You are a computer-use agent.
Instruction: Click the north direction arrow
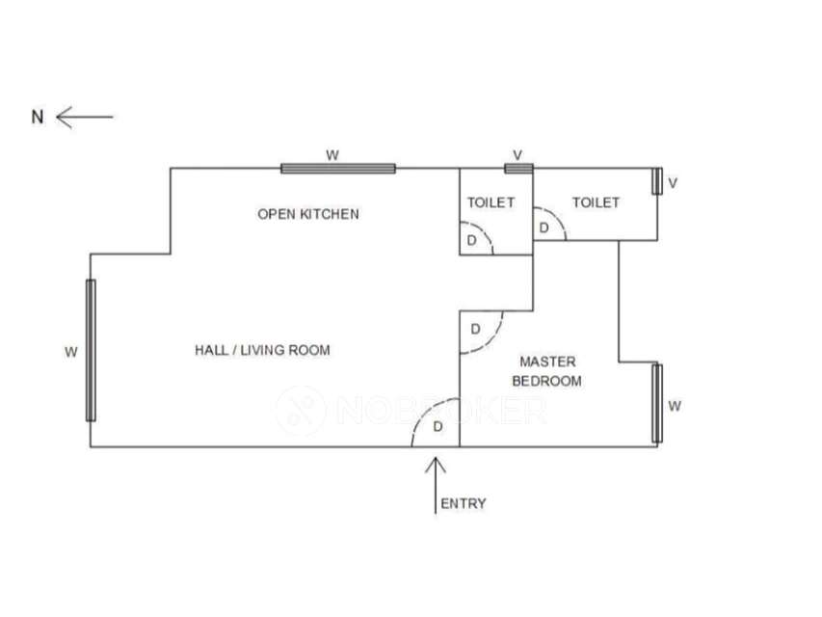click(85, 118)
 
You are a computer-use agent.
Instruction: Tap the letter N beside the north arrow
click(38, 118)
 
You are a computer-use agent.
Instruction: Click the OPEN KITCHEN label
click(308, 214)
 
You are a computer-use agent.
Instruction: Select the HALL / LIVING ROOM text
click(262, 350)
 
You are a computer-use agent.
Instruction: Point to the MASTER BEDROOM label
click(546, 371)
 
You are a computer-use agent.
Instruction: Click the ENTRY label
click(464, 503)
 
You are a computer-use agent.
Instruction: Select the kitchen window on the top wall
click(338, 169)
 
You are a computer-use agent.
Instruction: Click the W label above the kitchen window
click(332, 154)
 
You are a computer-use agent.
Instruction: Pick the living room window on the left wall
click(91, 350)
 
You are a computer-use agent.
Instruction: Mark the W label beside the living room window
click(70, 352)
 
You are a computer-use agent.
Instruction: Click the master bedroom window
click(658, 403)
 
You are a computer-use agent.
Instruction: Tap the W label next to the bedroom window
click(675, 406)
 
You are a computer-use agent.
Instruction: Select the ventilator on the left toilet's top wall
click(518, 169)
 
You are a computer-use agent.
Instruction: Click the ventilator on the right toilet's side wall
click(657, 181)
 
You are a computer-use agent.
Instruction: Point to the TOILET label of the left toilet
click(491, 202)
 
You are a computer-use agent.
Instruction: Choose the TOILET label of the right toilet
click(596, 202)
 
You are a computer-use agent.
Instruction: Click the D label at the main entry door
click(438, 425)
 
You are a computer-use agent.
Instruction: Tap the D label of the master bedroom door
click(475, 330)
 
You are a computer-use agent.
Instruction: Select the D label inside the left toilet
click(471, 239)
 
